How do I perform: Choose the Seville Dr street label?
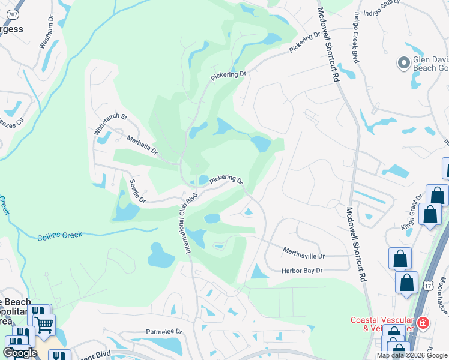tap(137, 191)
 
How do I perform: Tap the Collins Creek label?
tap(59, 235)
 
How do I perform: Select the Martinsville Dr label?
tap(303, 254)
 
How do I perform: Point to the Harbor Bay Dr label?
tap(302, 271)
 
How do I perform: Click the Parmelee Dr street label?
tap(164, 331)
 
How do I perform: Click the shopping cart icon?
tap(43, 325)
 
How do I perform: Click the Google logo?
tap(20, 353)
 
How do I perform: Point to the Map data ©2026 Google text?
tap(412, 355)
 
